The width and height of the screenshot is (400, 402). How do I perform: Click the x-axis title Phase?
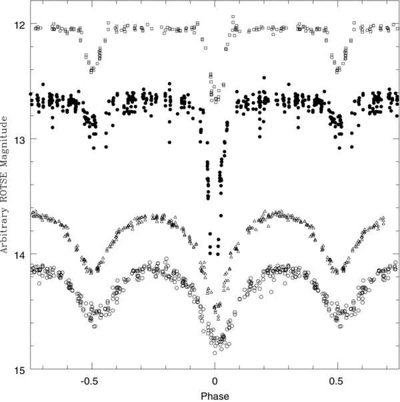(214, 395)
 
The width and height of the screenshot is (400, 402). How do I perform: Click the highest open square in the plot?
(233, 16)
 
